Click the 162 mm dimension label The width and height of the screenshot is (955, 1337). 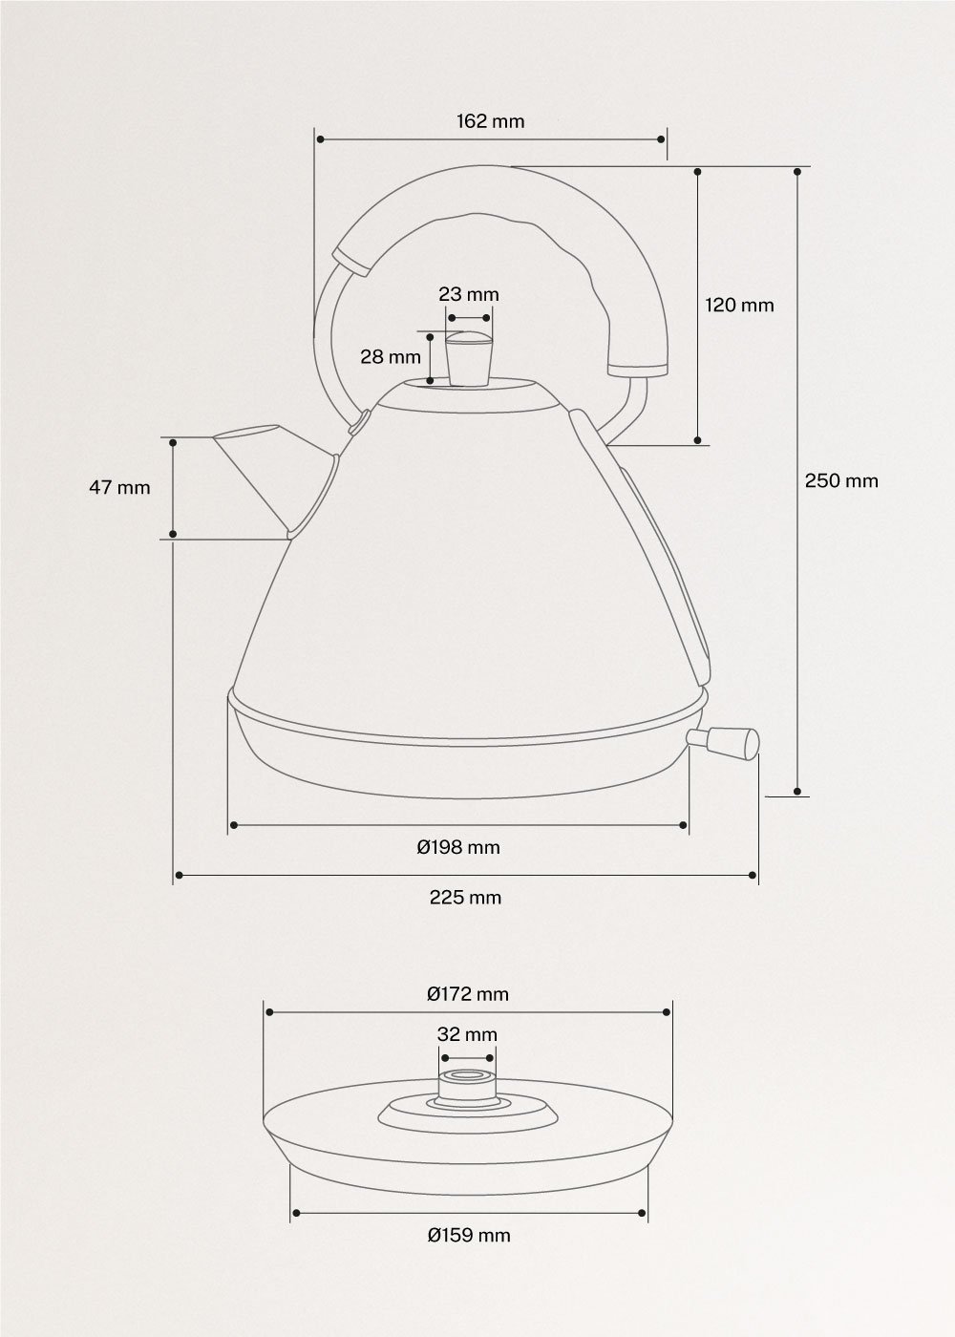(x=490, y=121)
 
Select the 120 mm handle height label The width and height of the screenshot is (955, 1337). (x=739, y=306)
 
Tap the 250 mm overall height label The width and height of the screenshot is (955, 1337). (x=840, y=480)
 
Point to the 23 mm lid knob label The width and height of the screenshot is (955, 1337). (x=469, y=294)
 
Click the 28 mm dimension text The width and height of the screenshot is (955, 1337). (x=391, y=357)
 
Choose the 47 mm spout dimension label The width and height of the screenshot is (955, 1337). (x=119, y=487)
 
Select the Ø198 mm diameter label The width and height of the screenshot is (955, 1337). (x=458, y=847)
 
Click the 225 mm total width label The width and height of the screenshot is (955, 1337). (x=465, y=898)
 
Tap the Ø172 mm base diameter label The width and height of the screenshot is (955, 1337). (x=468, y=994)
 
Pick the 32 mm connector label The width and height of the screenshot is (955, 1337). (x=468, y=1034)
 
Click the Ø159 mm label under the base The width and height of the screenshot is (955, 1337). (x=469, y=1236)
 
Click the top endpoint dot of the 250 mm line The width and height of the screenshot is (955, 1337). (x=797, y=172)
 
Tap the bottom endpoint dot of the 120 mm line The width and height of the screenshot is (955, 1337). (x=698, y=440)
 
